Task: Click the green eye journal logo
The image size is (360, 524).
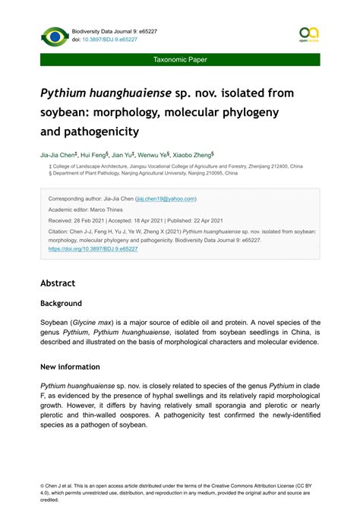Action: (54, 36)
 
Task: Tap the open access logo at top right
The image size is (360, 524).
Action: (308, 34)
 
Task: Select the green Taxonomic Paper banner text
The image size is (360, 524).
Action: (180, 59)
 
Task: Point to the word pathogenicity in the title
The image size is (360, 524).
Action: (101, 131)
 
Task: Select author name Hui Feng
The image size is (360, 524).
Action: (95, 153)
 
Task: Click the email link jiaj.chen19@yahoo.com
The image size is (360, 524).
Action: (166, 199)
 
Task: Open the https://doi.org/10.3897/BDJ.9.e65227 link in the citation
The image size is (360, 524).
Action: (92, 248)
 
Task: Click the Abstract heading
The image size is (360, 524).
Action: (58, 283)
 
